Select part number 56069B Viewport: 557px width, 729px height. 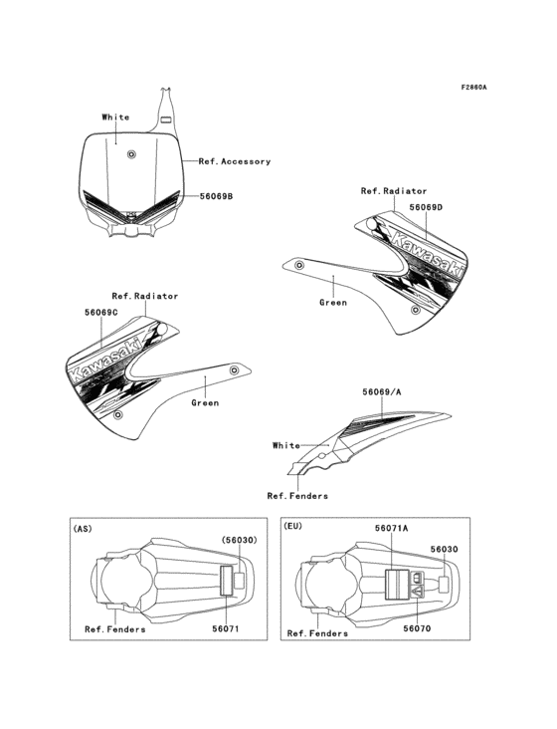[x=216, y=196]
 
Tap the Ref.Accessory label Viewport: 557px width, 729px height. [x=234, y=161]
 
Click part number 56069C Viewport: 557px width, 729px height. [x=101, y=312]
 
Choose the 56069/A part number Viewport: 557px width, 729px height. [x=382, y=392]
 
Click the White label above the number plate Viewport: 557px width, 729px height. [x=115, y=118]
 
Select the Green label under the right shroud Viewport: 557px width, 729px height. [x=333, y=302]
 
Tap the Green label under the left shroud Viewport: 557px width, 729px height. [x=205, y=403]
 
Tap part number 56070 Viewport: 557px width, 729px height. [x=417, y=629]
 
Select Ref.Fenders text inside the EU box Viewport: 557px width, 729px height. [x=316, y=633]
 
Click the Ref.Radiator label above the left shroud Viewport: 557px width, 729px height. [x=145, y=296]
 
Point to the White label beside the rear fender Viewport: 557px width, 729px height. [x=286, y=446]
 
